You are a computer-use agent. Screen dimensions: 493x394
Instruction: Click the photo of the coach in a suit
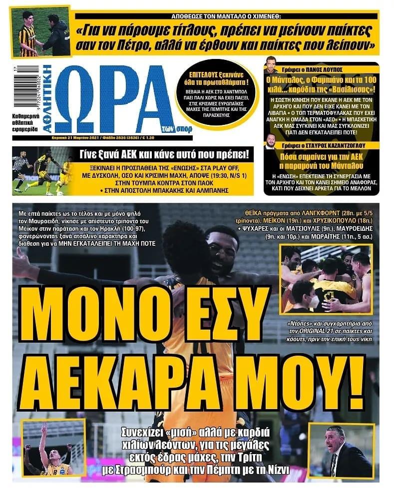coord(341,451)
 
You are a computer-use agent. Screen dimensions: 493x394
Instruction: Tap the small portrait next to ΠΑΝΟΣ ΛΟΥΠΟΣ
coord(271,68)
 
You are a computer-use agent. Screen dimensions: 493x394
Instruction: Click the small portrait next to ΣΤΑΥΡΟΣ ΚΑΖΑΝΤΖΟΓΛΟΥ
coord(271,141)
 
